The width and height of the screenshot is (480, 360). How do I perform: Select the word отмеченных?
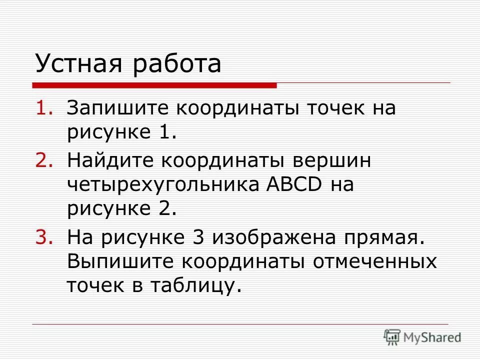[x=375, y=261]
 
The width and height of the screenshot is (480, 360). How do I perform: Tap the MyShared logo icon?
[x=393, y=337]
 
